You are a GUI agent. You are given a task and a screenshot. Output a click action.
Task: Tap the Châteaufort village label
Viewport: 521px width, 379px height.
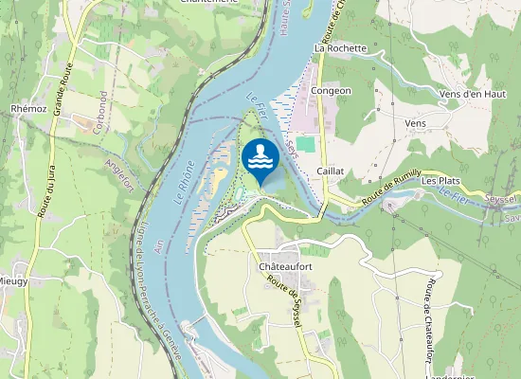[286, 267]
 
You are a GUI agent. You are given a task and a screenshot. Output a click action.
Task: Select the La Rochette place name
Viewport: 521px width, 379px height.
[340, 47]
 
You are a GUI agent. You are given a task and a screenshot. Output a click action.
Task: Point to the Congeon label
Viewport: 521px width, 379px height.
[332, 91]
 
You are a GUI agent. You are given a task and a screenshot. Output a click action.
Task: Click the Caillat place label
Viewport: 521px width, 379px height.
[331, 171]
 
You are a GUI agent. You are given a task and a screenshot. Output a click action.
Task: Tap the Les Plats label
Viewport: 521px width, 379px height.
[440, 180]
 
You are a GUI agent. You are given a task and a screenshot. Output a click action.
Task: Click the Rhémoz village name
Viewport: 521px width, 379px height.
[28, 109]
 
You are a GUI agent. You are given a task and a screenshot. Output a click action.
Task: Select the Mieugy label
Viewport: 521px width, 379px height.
[12, 281]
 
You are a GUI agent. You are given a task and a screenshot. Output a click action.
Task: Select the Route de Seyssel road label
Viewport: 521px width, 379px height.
[284, 307]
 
